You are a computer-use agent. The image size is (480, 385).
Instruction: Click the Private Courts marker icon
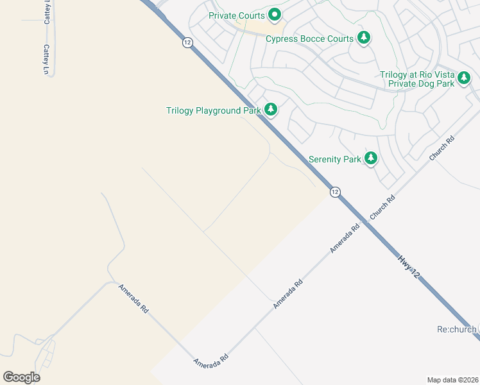pyautogui.click(x=275, y=14)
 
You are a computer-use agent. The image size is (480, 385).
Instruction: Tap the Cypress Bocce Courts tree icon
pyautogui.click(x=364, y=38)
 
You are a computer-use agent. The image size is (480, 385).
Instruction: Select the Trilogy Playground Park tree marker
pyautogui.click(x=271, y=110)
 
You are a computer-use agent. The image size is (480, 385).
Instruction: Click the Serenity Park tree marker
pyautogui.click(x=370, y=158)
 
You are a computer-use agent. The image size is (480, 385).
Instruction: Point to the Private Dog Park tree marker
pyautogui.click(x=464, y=78)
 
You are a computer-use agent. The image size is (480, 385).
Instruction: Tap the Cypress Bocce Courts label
pyautogui.click(x=309, y=38)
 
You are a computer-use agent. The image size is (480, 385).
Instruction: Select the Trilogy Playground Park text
pyautogui.click(x=213, y=110)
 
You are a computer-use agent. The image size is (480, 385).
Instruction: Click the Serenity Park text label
pyautogui.click(x=334, y=159)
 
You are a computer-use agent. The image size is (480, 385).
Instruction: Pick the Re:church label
pyautogui.click(x=456, y=329)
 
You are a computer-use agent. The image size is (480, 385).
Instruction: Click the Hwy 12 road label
pyautogui.click(x=409, y=267)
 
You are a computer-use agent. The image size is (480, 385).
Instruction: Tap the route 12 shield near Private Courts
pyautogui.click(x=187, y=42)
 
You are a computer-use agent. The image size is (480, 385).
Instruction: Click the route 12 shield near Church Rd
pyautogui.click(x=335, y=192)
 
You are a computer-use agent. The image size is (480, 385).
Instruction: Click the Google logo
pyautogui.click(x=21, y=377)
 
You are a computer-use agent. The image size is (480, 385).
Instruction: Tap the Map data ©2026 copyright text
pyautogui.click(x=452, y=380)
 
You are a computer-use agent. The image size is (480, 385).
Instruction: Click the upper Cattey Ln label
pyautogui.click(x=47, y=13)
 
